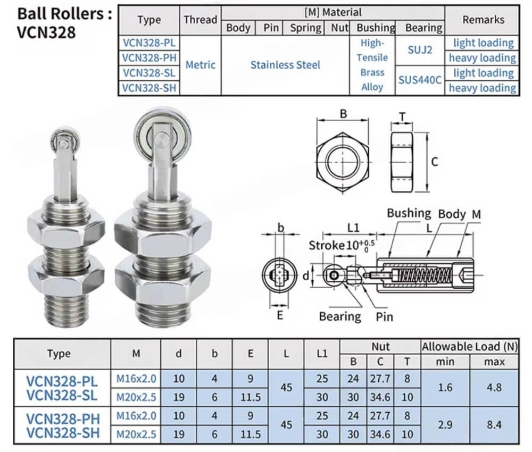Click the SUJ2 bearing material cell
(420, 50)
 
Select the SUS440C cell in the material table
(420, 80)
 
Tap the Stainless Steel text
(285, 65)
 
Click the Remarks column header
(483, 20)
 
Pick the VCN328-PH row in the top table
(149, 58)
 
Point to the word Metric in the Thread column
(200, 65)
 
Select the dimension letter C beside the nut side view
(435, 162)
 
